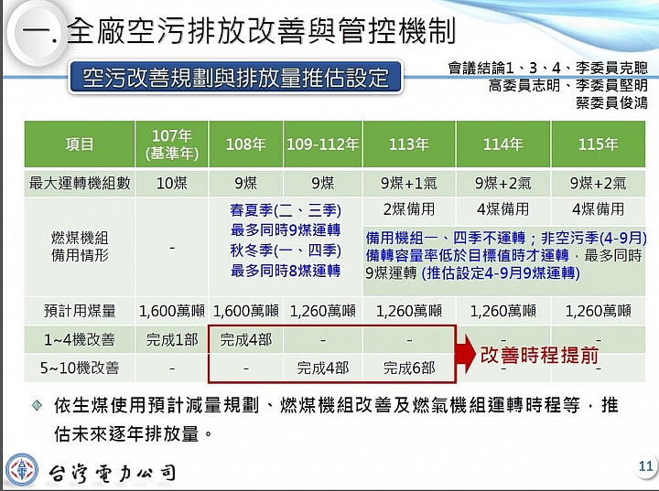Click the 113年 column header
tap(409, 144)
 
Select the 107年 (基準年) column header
tap(172, 144)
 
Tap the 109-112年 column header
tap(323, 144)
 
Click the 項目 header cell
tap(80, 144)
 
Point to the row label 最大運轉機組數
tap(80, 183)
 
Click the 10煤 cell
tap(172, 183)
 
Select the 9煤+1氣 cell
tap(409, 183)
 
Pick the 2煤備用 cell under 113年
tap(409, 208)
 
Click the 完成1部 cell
tap(172, 339)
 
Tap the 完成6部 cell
tap(409, 368)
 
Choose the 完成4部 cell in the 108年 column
tap(246, 339)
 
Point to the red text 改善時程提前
tap(540, 356)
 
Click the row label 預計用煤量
tap(80, 311)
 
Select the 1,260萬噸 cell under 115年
tap(598, 311)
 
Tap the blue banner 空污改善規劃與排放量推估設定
tap(235, 78)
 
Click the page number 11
tap(645, 465)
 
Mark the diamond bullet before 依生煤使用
tap(37, 406)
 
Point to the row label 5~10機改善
tap(80, 368)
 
